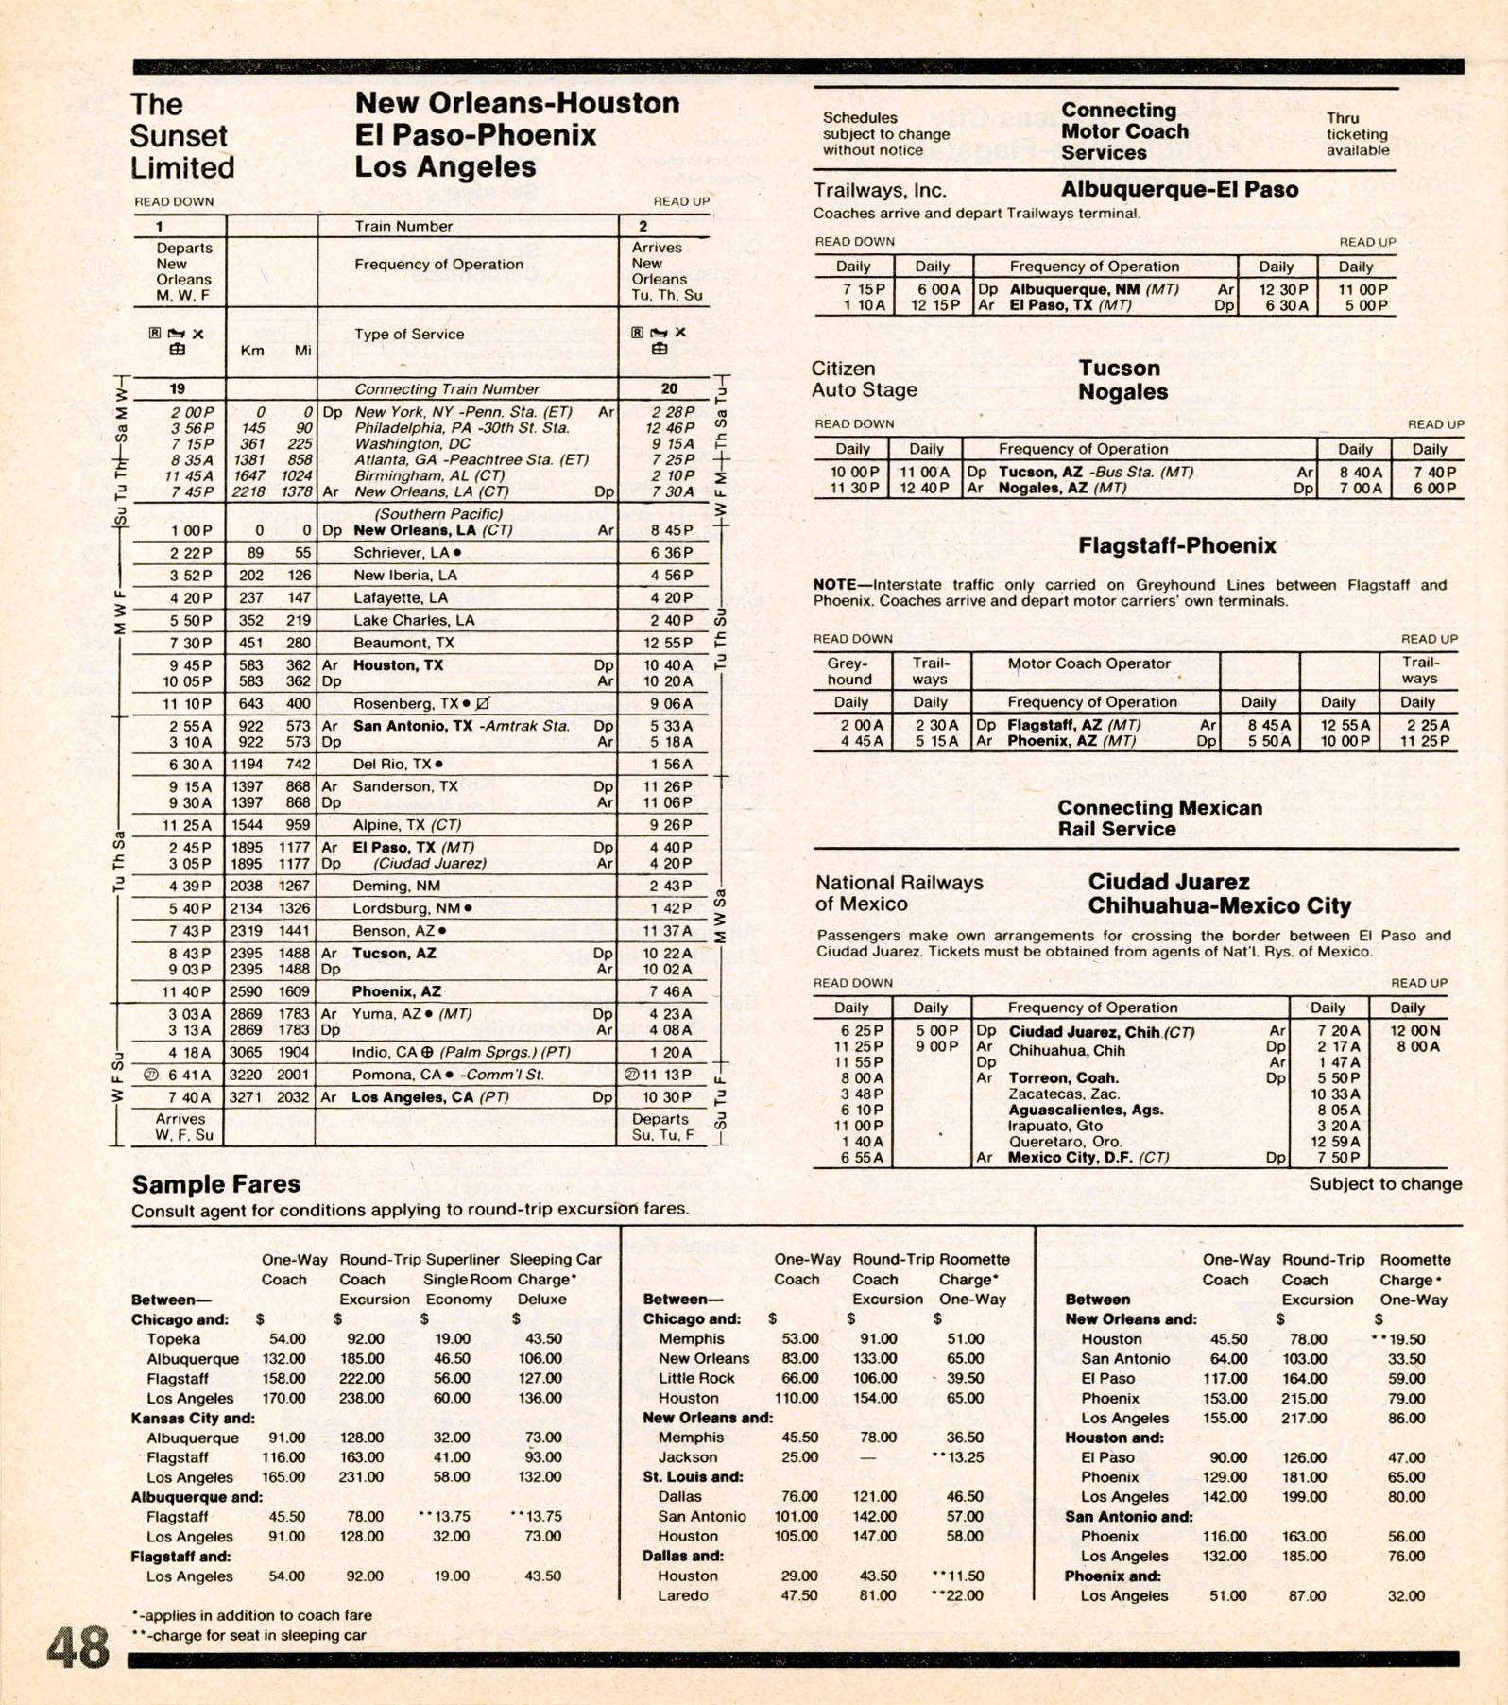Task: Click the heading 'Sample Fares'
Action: pyautogui.click(x=215, y=1184)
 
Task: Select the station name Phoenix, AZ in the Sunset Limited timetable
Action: pyautogui.click(x=397, y=991)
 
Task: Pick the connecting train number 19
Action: pyautogui.click(x=177, y=388)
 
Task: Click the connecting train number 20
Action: pyautogui.click(x=669, y=388)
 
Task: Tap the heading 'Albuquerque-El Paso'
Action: pyautogui.click(x=1179, y=189)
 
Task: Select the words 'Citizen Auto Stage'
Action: pyautogui.click(x=864, y=379)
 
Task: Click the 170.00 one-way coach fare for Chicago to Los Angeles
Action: pyautogui.click(x=283, y=1398)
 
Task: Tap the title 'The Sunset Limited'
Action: pyautogui.click(x=181, y=136)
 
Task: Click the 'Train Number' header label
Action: pyautogui.click(x=403, y=226)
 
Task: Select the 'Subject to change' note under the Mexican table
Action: pyautogui.click(x=1384, y=1184)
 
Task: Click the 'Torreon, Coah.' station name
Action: pyautogui.click(x=1063, y=1078)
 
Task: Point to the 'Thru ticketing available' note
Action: pyautogui.click(x=1357, y=134)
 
